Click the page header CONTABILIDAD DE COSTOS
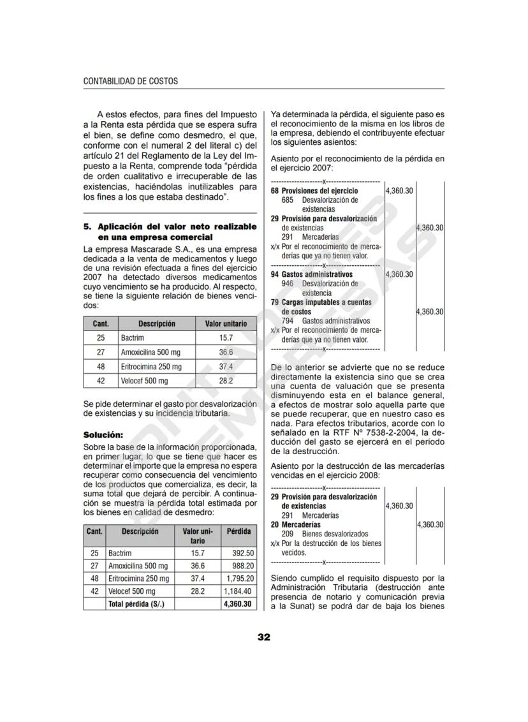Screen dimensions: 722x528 [x=131, y=82]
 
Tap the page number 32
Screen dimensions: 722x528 [x=264, y=637]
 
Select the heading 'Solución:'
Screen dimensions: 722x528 [x=103, y=435]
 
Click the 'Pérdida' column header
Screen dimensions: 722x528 [x=238, y=531]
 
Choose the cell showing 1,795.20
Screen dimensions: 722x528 [x=240, y=578]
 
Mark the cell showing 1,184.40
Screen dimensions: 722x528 [x=240, y=591]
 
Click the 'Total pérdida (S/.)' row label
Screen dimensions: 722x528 [x=136, y=604]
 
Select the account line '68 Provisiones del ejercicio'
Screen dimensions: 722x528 [x=314, y=191]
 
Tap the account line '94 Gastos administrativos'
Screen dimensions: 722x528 [x=312, y=274]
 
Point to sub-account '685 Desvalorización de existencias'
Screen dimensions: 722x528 [x=319, y=204]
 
